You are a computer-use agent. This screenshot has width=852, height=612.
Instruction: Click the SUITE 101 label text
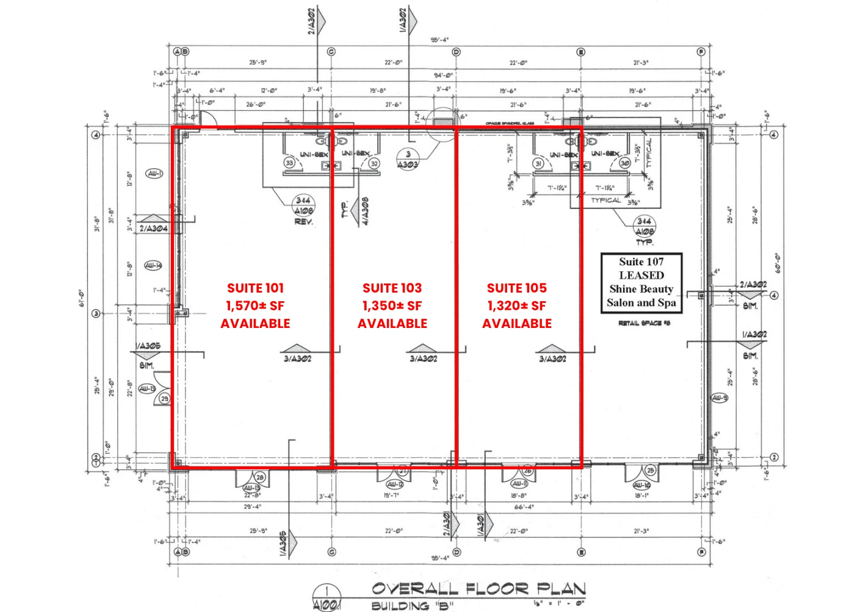[x=255, y=288]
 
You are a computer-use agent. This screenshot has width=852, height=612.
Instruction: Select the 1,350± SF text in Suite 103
[x=392, y=306]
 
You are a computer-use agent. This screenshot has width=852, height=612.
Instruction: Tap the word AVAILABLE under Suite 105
[x=516, y=324]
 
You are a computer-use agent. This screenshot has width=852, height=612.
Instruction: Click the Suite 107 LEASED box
[x=641, y=283]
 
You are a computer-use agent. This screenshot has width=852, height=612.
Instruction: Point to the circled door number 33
[x=289, y=163]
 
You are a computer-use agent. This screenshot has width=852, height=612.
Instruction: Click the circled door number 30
[x=624, y=163]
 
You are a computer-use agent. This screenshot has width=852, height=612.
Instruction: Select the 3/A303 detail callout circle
[x=408, y=159]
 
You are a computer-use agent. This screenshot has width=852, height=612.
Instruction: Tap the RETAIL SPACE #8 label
[x=644, y=323]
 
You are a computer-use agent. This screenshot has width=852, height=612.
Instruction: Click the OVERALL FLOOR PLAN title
[x=478, y=589]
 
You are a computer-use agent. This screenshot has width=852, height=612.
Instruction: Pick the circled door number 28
[x=260, y=477]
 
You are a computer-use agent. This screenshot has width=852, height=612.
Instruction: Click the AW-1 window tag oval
[x=154, y=174]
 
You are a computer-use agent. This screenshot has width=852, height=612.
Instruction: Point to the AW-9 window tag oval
[x=720, y=398]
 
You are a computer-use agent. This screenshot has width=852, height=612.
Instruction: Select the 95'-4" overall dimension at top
[x=439, y=40]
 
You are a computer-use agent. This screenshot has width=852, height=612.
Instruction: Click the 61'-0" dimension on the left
[x=81, y=298]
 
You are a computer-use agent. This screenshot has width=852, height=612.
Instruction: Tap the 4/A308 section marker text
[x=364, y=211]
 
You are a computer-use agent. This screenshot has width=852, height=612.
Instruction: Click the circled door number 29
[x=164, y=399]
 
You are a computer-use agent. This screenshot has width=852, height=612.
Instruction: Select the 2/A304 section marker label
[x=153, y=229]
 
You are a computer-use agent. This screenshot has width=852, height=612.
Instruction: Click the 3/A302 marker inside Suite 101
[x=297, y=358]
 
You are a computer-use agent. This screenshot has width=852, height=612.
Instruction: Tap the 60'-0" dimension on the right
[x=778, y=263]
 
